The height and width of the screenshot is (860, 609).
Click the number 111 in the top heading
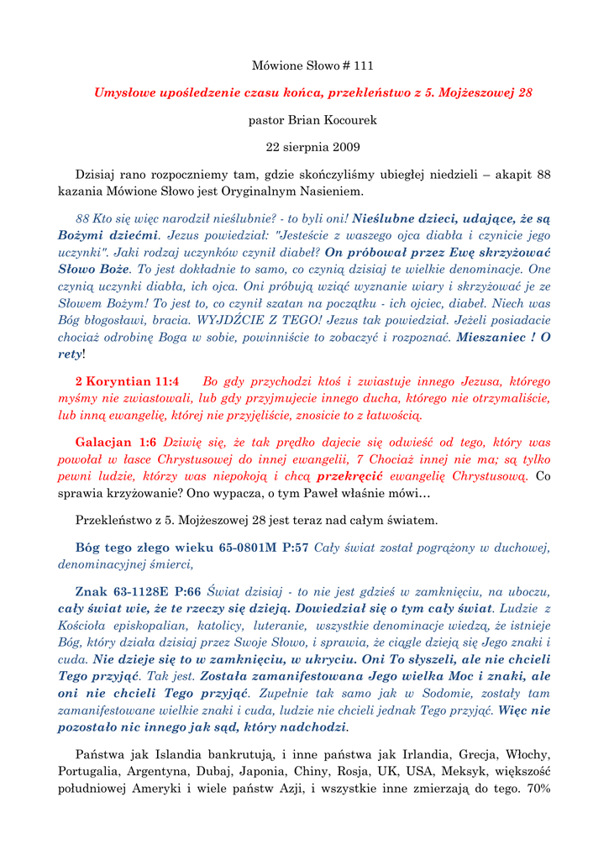coord(362,66)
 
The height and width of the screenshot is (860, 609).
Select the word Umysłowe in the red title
coord(125,92)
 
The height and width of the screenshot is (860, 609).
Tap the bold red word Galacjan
coord(103,442)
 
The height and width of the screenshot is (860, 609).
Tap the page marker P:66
coord(186,591)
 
